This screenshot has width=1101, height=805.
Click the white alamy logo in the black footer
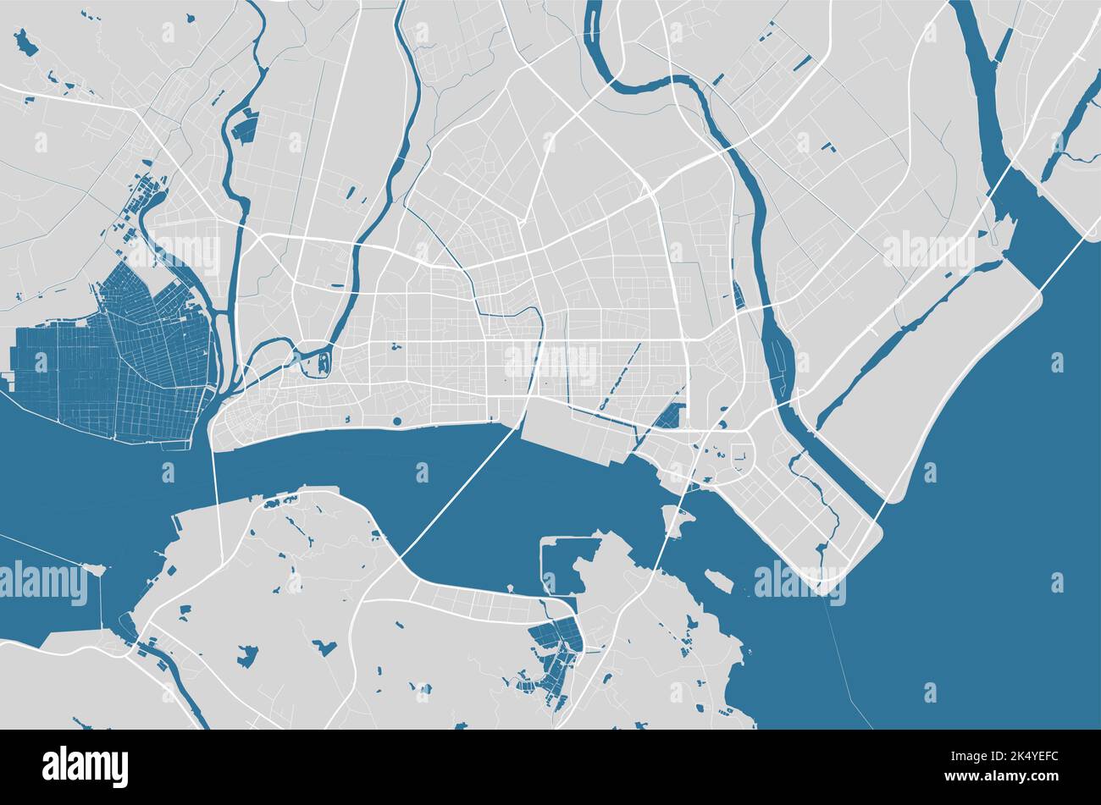[85, 766]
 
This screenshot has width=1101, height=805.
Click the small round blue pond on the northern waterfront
[397, 421]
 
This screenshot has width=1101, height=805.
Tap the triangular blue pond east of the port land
[671, 416]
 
